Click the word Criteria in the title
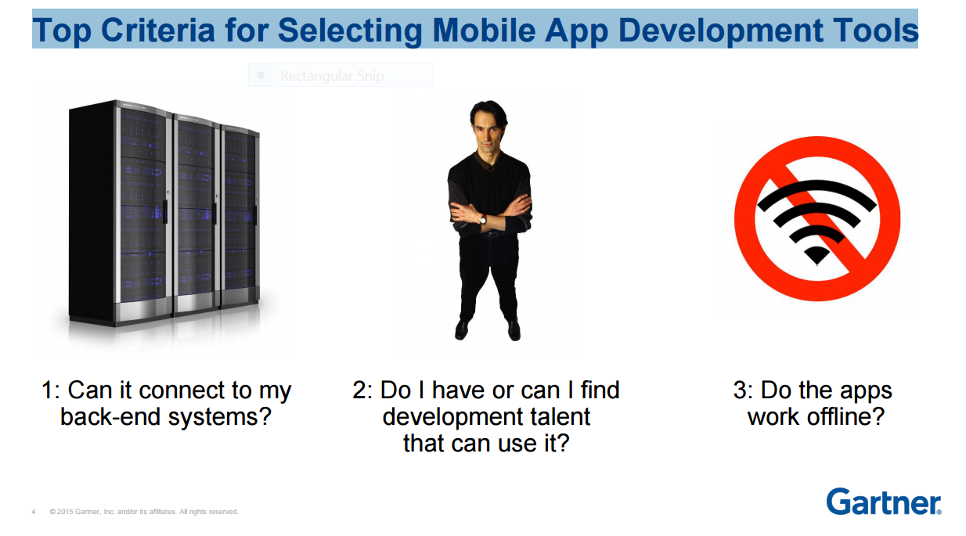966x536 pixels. tap(158, 31)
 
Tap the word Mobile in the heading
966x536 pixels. tap(484, 31)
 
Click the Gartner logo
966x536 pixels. tap(884, 502)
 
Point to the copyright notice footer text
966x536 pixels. tap(143, 512)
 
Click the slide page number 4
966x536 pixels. tap(33, 512)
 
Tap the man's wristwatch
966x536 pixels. tap(484, 220)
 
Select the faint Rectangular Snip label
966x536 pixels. tap(332, 76)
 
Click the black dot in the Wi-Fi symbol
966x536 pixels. tap(816, 254)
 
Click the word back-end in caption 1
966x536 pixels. tap(110, 416)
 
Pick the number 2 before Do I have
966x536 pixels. tap(359, 390)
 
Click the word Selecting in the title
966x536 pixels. tap(350, 31)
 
